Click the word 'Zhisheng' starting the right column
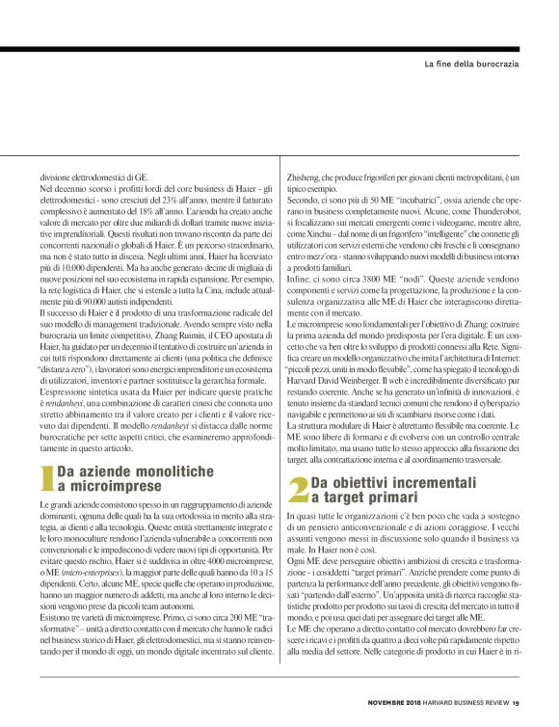tap(303, 179)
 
